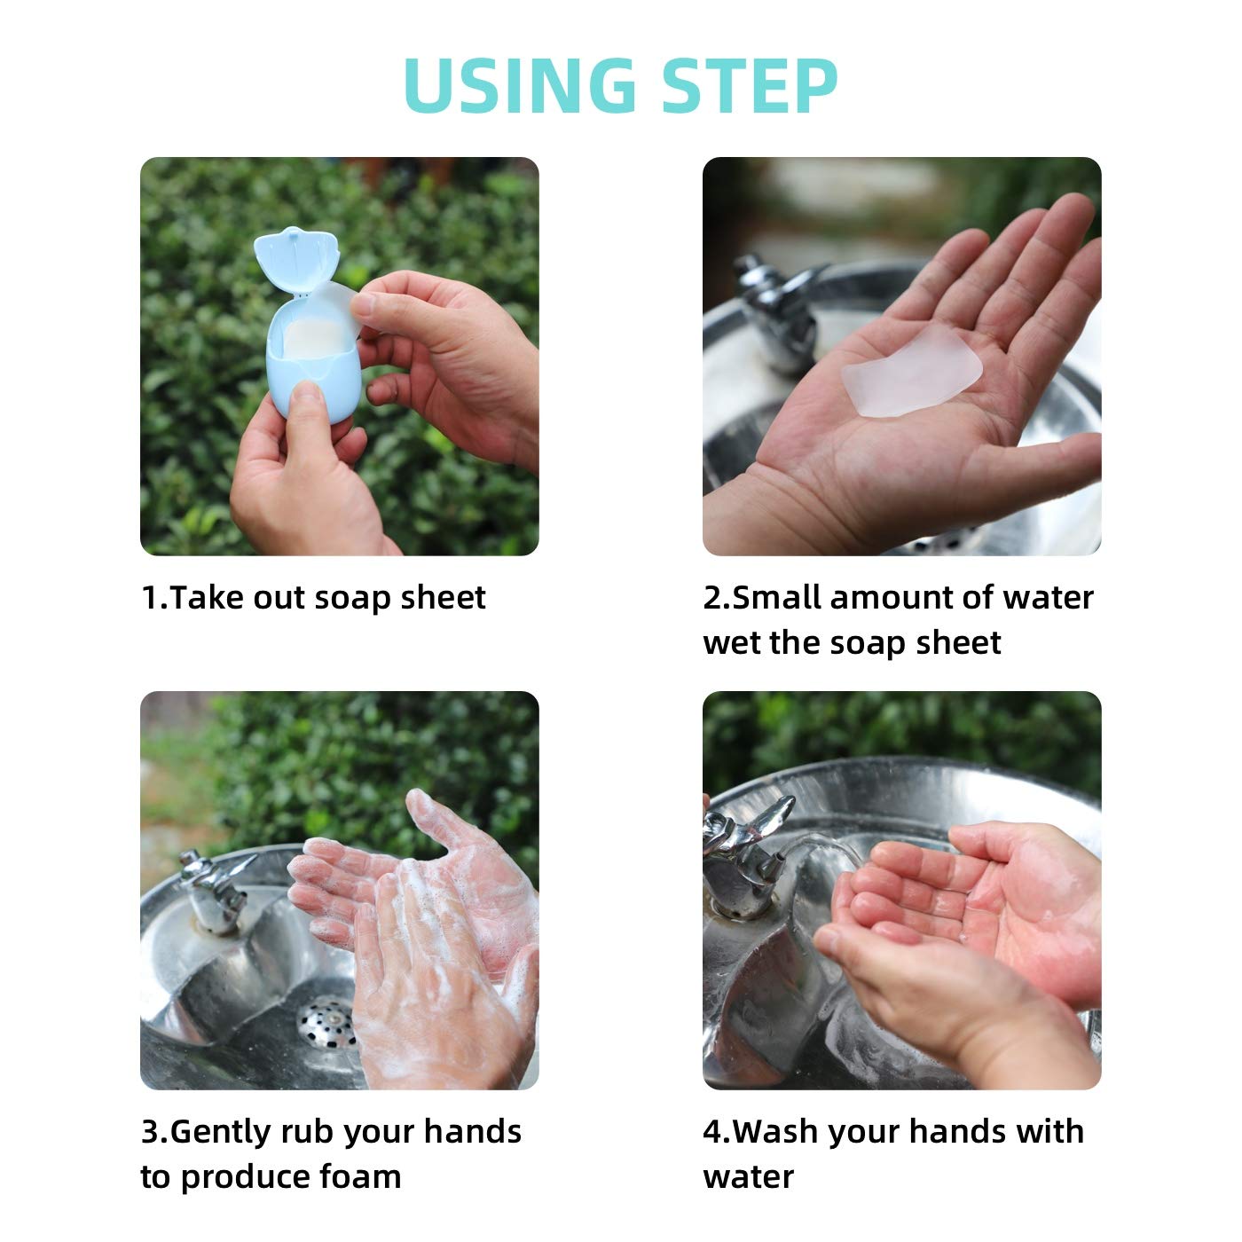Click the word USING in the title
click(519, 85)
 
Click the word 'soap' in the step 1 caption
click(353, 598)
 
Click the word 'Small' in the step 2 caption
click(776, 598)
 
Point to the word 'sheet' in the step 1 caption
click(443, 598)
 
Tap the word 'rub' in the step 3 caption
click(308, 1132)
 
